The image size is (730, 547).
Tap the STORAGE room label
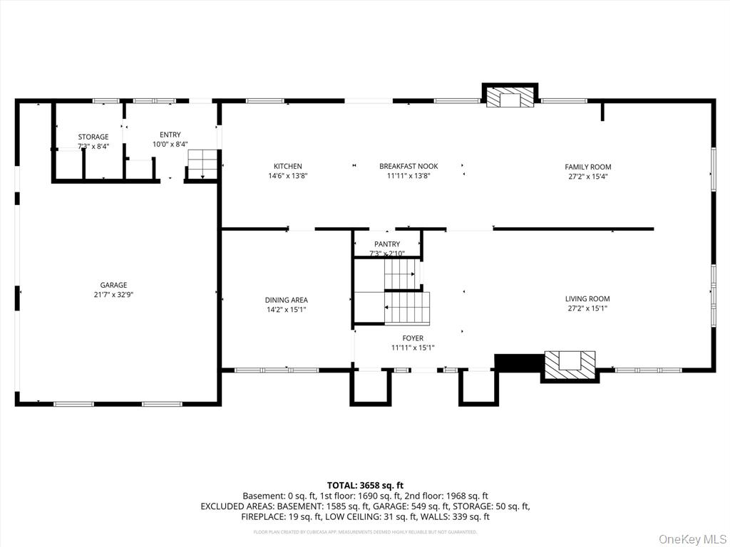pyautogui.click(x=93, y=137)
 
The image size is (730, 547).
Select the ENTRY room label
pyautogui.click(x=170, y=135)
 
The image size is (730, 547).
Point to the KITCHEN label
pyautogui.click(x=288, y=167)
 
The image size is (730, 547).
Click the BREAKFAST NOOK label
pyautogui.click(x=408, y=167)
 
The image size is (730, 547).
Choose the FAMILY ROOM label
pyautogui.click(x=588, y=167)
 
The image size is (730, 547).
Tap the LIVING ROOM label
pyautogui.click(x=588, y=299)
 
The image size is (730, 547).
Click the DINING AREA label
pyautogui.click(x=287, y=301)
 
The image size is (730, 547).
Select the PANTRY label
pyautogui.click(x=387, y=244)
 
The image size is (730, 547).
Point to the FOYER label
pyautogui.click(x=413, y=338)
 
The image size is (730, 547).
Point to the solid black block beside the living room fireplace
pyautogui.click(x=518, y=363)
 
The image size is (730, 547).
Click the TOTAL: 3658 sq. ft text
pyautogui.click(x=365, y=485)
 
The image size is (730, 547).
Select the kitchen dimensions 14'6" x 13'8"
pyautogui.click(x=288, y=175)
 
